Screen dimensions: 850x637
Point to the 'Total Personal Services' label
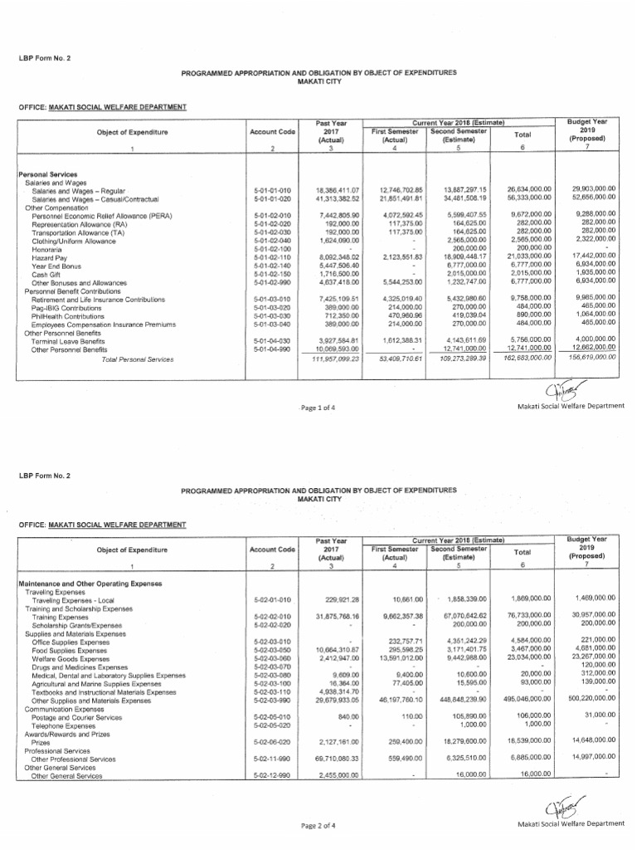pos(137,359)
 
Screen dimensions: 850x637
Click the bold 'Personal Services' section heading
pos(51,173)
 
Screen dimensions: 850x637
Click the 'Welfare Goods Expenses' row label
pos(70,657)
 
